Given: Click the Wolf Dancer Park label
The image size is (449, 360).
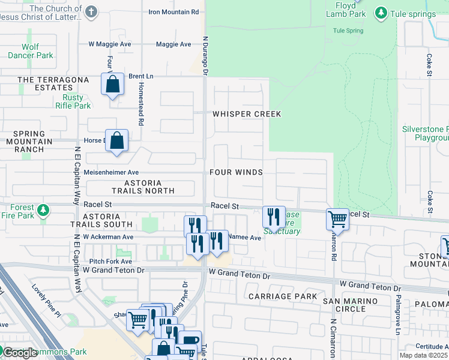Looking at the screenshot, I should (30, 51).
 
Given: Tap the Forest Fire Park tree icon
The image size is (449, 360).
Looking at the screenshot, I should (43, 210).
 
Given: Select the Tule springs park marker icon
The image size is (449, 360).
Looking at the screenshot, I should (380, 13).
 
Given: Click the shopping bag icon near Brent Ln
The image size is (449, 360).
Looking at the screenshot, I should (112, 85).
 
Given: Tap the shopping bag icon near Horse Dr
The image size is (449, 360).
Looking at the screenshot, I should (117, 142).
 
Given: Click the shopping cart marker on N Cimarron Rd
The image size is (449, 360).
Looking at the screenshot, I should (338, 219).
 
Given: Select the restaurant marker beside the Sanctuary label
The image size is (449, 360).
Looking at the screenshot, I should (274, 217).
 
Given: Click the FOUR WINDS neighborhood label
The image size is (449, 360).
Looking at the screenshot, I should (236, 172).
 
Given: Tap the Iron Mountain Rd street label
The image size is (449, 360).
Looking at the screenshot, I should (173, 12).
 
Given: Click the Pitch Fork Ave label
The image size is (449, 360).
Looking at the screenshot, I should (110, 262).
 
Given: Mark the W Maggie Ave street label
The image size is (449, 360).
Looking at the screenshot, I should (110, 44).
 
